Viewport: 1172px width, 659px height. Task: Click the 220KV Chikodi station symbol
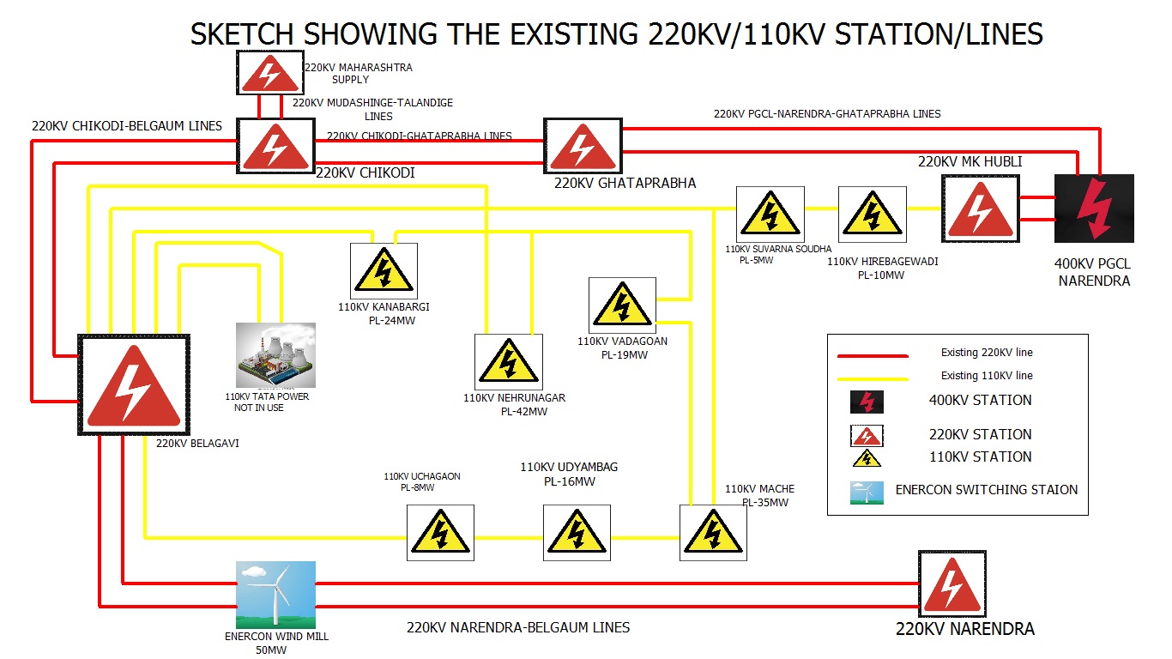pos(275,146)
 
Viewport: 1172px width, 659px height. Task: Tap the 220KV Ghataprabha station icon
pos(583,145)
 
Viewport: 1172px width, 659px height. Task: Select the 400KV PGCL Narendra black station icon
pos(1094,209)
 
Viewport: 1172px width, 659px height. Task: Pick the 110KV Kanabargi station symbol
pos(384,270)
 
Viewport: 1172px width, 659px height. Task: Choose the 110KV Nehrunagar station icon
pos(509,361)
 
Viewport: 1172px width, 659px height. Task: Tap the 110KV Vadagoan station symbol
pos(622,305)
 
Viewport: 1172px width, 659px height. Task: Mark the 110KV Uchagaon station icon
pos(439,532)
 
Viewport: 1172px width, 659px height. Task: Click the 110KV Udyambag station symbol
pos(577,532)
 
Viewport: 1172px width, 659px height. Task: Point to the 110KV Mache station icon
pos(713,532)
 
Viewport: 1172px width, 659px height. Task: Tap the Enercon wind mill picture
pos(275,595)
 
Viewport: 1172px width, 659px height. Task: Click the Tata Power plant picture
pos(275,355)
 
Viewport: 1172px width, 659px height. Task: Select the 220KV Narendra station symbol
pos(951,583)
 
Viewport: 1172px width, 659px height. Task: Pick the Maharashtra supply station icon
pos(269,73)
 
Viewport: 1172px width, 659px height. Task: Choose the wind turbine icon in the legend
pos(866,493)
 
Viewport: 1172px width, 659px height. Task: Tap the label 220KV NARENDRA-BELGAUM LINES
pos(518,627)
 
